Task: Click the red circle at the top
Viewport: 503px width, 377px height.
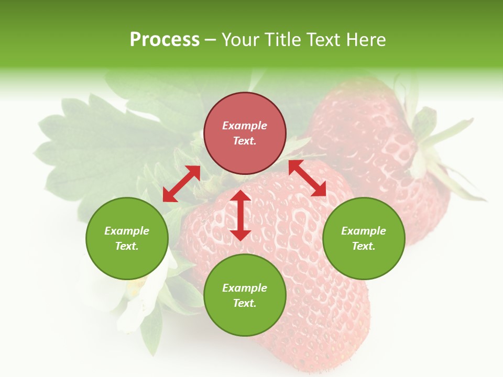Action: (x=245, y=133)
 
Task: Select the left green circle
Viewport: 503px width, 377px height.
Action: (x=127, y=238)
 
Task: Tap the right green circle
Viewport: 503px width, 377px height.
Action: (x=364, y=238)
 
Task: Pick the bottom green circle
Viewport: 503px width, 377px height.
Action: (x=245, y=295)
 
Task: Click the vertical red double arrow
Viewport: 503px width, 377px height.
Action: (x=240, y=215)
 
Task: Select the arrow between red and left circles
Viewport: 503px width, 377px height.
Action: (x=181, y=184)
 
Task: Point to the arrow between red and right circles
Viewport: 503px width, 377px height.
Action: (x=307, y=178)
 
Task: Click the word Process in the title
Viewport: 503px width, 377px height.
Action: (x=165, y=39)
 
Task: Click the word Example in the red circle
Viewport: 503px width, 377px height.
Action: (x=245, y=126)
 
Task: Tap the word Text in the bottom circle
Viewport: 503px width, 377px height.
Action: (x=244, y=303)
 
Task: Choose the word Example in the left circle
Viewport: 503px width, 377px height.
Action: (x=127, y=231)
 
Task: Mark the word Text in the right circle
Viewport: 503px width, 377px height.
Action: (x=363, y=246)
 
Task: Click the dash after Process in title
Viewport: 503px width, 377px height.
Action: (x=210, y=40)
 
